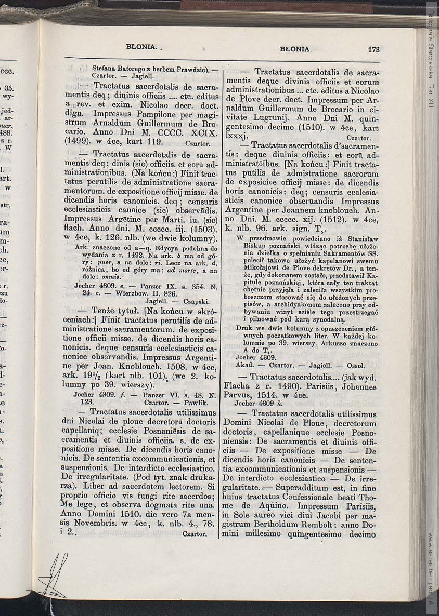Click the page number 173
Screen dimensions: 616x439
tap(373, 50)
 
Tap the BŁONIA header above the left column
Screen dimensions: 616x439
tap(141, 47)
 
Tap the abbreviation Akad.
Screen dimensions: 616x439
tap(244, 365)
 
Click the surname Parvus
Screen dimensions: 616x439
tap(242, 395)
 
